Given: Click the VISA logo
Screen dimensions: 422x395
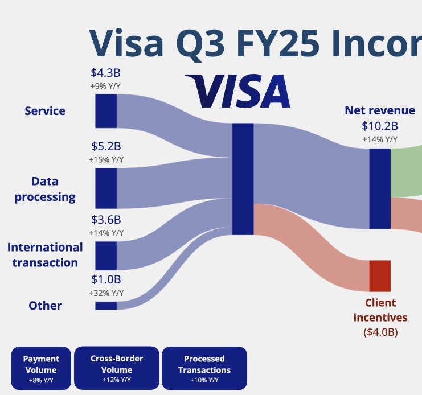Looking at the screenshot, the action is (237, 91).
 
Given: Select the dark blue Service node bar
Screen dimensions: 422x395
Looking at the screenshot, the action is (106, 111).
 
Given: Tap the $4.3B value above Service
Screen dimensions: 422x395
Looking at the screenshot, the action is (105, 73).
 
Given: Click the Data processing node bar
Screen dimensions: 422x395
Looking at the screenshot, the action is (106, 188).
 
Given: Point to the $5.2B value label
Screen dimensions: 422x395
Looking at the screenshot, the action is (106, 146).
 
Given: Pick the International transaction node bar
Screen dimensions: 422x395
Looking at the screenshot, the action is (106, 256).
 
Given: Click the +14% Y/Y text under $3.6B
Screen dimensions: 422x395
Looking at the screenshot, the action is (106, 233).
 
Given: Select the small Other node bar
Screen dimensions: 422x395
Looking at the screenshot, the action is (106, 306).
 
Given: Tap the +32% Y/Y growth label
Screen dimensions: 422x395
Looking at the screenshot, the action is (106, 293).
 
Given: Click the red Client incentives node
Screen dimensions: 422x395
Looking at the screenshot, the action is (380, 276).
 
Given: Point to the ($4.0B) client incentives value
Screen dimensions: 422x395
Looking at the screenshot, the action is (380, 332).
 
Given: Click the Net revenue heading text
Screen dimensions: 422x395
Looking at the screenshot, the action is (380, 110).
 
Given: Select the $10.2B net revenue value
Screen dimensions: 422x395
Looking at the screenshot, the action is (380, 126).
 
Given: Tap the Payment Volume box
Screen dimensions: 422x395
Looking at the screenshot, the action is (41, 368).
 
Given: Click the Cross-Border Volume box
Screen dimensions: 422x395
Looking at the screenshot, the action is (117, 368).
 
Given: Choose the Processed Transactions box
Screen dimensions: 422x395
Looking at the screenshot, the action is (204, 368).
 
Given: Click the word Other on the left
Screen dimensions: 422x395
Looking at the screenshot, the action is (45, 306).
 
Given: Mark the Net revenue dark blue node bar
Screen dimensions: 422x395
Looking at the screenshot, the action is (380, 189).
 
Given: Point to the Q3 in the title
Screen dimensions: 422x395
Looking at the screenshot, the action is (200, 44).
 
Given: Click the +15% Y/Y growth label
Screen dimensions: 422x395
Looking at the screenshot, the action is (106, 160).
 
